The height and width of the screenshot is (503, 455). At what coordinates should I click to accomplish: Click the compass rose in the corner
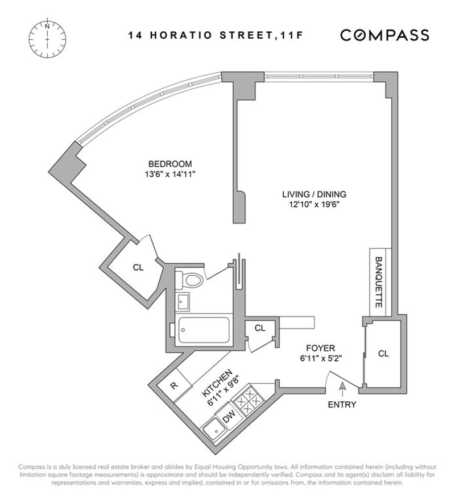pyautogui.click(x=47, y=39)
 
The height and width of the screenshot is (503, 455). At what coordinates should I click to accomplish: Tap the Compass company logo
pyautogui.click(x=384, y=35)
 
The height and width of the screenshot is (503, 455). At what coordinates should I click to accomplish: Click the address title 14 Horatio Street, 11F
pyautogui.click(x=216, y=35)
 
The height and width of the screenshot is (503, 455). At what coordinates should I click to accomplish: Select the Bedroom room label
pyautogui.click(x=170, y=164)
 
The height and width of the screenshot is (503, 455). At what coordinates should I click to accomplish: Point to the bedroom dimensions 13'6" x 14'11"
pyautogui.click(x=170, y=174)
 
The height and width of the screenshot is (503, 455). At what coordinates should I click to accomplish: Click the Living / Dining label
pyautogui.click(x=315, y=194)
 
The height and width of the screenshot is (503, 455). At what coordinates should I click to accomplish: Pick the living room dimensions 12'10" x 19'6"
pyautogui.click(x=315, y=205)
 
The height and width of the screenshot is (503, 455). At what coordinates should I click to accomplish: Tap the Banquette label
pyautogui.click(x=379, y=282)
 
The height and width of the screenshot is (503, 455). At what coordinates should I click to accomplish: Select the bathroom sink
pyautogui.click(x=183, y=302)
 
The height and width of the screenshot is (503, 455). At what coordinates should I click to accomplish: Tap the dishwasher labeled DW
pyautogui.click(x=229, y=417)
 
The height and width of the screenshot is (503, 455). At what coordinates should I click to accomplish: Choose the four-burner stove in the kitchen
pyautogui.click(x=248, y=400)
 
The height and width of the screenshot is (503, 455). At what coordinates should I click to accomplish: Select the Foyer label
pyautogui.click(x=320, y=348)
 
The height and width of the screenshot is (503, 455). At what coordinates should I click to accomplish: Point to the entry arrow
pyautogui.click(x=342, y=389)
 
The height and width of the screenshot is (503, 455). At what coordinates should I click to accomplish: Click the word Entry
pyautogui.click(x=342, y=405)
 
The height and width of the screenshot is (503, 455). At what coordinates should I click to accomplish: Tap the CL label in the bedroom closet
pyautogui.click(x=138, y=267)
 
